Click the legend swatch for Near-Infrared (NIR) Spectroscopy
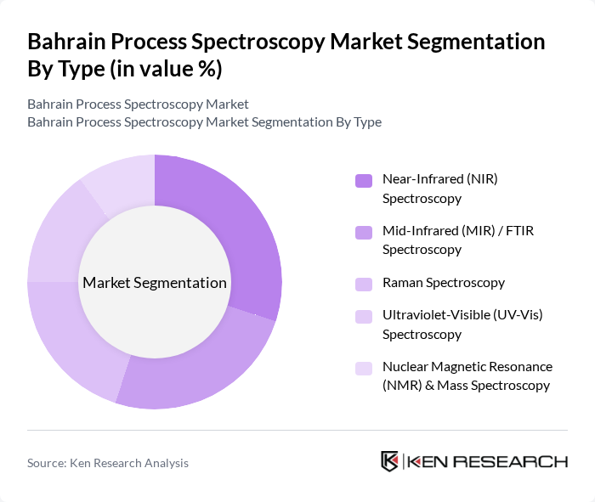point(364,180)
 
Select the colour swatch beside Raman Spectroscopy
point(364,283)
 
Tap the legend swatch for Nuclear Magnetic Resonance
point(364,368)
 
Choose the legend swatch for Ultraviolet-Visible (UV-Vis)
point(364,316)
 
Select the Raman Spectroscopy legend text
point(444,283)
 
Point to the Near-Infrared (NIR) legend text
point(450,189)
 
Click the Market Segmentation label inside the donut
point(155,283)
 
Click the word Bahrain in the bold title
point(67,42)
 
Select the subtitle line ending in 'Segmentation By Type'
point(204,122)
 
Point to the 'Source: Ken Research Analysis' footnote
point(108,463)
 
